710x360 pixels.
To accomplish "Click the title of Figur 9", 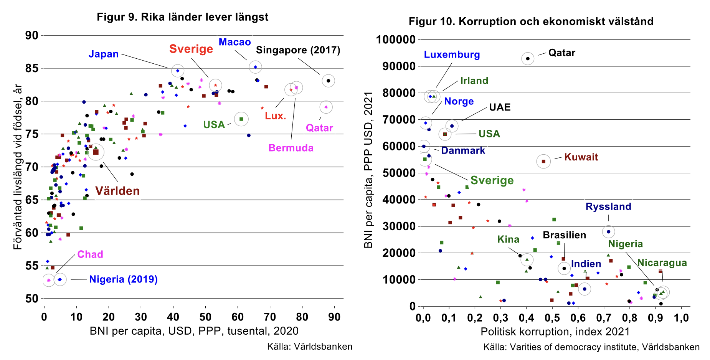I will pos(182,17).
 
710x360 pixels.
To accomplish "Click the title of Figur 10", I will pos(531,21).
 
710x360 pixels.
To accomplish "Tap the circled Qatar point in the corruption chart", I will pos(528,59).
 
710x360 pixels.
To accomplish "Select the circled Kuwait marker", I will pos(543,161).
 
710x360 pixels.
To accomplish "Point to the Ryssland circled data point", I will pos(608,232).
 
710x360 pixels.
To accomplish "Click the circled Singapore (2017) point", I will pos(328,81).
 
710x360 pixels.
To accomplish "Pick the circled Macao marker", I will pos(255,67).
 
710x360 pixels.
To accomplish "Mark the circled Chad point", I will pos(49,280).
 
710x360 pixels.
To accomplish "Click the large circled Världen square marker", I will pos(96,152).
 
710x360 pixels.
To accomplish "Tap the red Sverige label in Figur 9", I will pos(191,49).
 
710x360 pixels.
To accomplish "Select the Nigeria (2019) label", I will pos(123,279).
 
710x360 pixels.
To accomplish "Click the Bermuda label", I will pos(291,148).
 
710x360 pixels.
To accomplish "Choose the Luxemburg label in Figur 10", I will pos(452,54).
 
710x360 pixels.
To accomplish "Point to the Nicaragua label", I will pos(662,263).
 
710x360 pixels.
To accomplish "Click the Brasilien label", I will pos(564,235).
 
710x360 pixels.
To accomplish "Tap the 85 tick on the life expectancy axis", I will pos(32,68).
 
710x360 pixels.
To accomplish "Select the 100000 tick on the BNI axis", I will pos(396,40).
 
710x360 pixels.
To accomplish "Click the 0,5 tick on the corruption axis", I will pos(552,318).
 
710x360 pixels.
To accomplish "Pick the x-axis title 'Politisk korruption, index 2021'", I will pos(555,332).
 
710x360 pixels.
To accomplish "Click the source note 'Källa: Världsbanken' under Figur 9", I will pos(309,347).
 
